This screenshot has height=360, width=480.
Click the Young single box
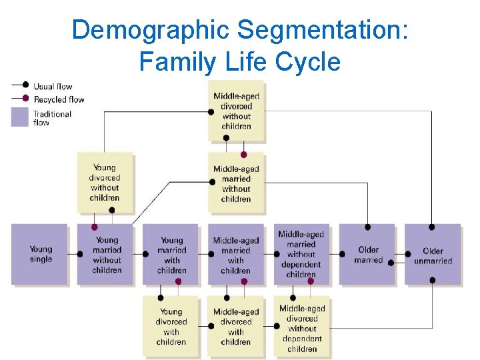click(40, 254)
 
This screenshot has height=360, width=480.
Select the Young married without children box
click(106, 254)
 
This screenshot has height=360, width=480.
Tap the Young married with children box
click(171, 254)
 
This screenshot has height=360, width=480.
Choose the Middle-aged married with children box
click(236, 254)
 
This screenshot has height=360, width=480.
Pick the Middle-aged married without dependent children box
click(301, 253)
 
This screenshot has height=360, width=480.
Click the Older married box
click(367, 254)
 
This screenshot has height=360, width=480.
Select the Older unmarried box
click(433, 254)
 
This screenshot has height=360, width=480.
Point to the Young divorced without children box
click(105, 183)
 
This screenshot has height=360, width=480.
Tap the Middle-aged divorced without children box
click(236, 111)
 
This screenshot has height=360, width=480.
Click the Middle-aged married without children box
click(236, 183)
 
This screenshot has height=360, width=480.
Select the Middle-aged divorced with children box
click(236, 326)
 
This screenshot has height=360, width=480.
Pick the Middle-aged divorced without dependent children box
click(301, 326)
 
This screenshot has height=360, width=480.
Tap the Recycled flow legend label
click(59, 99)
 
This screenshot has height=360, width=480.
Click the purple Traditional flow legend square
click(21, 117)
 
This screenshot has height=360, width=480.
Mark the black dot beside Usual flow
click(25, 85)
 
